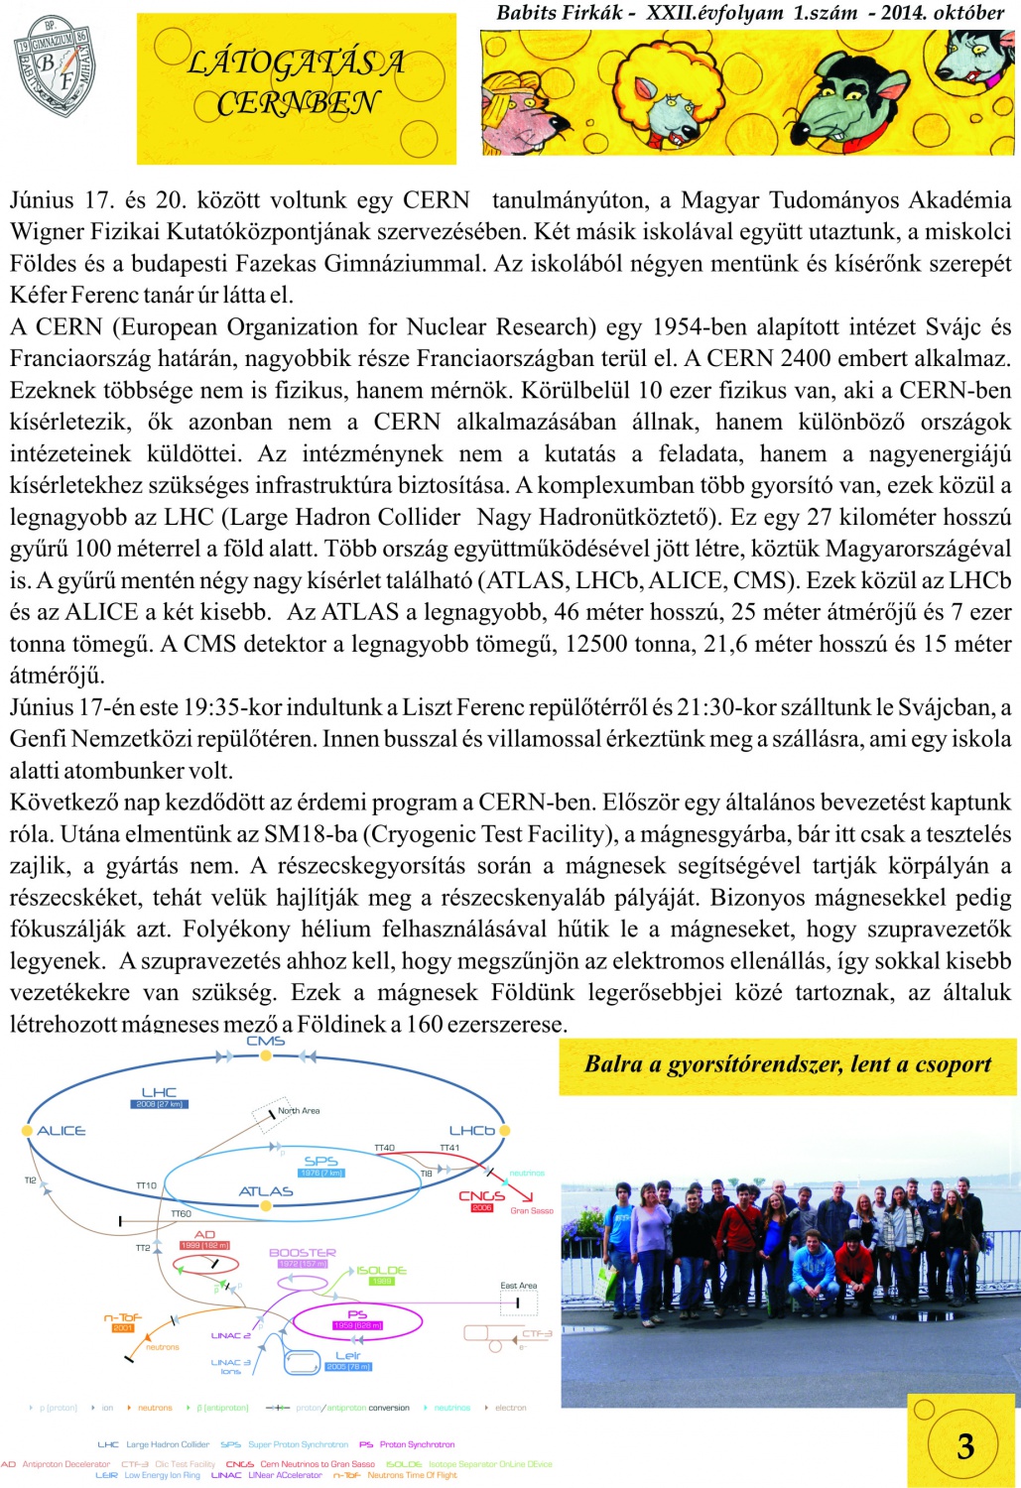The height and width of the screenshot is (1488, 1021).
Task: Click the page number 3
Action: coord(964,1445)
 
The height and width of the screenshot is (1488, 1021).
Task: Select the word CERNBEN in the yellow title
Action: coord(297,103)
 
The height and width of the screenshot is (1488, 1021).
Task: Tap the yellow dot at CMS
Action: coord(266,1055)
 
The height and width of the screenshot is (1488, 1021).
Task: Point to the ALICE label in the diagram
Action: coord(62,1131)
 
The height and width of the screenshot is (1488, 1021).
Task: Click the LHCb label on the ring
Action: coord(471,1130)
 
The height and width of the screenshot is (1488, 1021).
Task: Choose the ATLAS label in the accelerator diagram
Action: coord(266,1191)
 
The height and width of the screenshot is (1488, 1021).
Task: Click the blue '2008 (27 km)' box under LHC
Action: coord(159,1104)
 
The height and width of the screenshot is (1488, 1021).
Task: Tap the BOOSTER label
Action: coord(303,1253)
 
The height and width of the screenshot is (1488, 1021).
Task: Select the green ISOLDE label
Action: coord(381,1270)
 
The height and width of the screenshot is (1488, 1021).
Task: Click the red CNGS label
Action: coord(481,1195)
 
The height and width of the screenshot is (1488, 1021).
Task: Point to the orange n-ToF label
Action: coord(123,1317)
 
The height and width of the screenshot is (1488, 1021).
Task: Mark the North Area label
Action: coord(298,1111)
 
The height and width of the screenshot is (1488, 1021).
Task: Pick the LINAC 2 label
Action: coord(230,1335)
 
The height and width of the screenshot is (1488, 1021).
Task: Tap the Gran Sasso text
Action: coord(532,1210)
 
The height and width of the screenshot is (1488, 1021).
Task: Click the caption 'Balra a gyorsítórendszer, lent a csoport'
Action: coord(787,1064)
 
